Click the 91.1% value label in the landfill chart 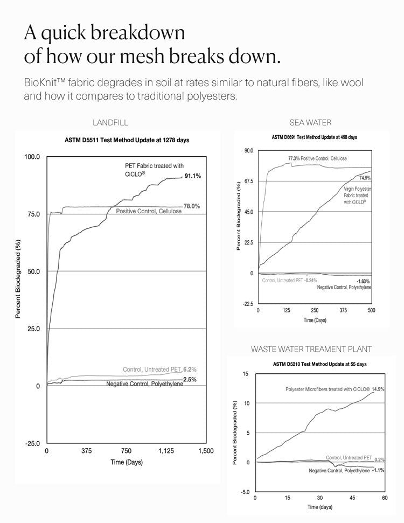(x=192, y=176)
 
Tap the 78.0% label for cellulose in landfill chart (x=192, y=206)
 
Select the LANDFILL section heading (x=110, y=123)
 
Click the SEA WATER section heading (x=310, y=123)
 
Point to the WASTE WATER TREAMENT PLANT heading (x=311, y=349)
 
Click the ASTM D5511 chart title (x=127, y=141)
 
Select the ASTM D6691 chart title (x=315, y=137)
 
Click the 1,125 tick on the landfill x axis (x=166, y=451)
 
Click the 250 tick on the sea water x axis (x=315, y=310)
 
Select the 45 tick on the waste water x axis (x=352, y=498)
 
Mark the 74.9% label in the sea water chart (x=366, y=177)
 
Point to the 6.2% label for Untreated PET (x=190, y=369)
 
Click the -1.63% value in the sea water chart (x=363, y=281)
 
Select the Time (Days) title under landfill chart (x=127, y=462)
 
